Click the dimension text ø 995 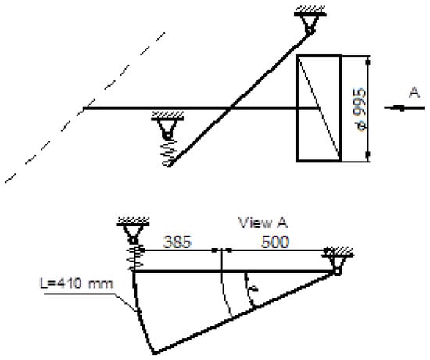tap(360, 109)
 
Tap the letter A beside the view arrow tap(414, 92)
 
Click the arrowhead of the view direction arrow tap(395, 108)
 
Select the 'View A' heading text tap(263, 223)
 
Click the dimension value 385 tap(177, 242)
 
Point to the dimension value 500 tap(275, 242)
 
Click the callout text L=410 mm tap(77, 283)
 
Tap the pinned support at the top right tap(310, 23)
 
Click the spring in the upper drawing tap(169, 153)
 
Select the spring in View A tap(135, 258)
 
